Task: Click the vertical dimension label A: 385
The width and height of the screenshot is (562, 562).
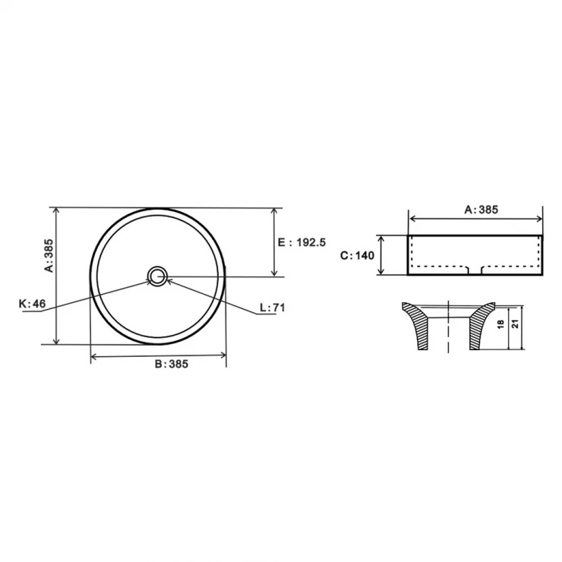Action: pos(49,255)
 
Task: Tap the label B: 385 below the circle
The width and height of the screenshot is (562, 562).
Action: pos(172,364)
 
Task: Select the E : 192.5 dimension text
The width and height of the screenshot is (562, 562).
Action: pos(302,242)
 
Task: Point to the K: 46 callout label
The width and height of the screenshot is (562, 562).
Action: pos(32,304)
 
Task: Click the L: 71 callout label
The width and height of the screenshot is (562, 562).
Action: pos(273,308)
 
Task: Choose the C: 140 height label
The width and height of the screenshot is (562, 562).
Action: pos(357,255)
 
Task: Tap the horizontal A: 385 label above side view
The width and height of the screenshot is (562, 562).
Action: pos(481,210)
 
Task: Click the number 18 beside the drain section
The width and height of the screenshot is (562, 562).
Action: pos(501,324)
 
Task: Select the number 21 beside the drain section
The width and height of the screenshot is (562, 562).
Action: pos(516,324)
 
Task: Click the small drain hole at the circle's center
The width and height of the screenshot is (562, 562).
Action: pos(157,276)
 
